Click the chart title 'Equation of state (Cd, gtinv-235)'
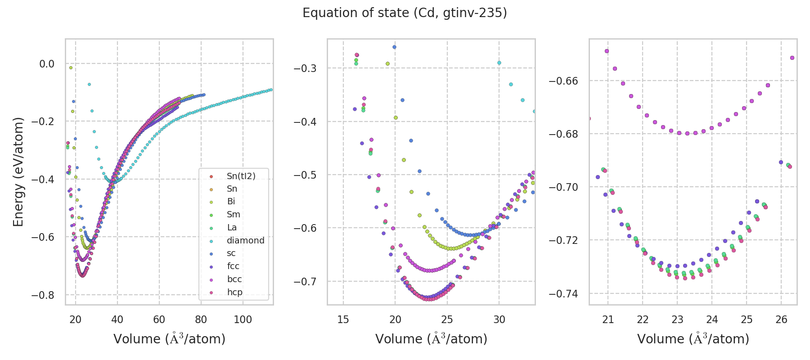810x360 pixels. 405,13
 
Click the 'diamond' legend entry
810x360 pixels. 245,240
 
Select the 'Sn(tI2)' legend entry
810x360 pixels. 241,176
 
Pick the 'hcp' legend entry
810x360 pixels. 234,292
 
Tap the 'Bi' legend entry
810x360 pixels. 231,202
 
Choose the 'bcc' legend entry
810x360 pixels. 234,279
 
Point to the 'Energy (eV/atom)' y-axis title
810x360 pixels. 18,171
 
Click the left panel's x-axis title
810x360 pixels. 169,339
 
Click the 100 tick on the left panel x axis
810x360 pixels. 243,319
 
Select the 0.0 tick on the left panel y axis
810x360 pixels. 47,64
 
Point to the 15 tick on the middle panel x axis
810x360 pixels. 343,319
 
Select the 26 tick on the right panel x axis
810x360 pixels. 781,319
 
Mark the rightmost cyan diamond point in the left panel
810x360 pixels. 271,90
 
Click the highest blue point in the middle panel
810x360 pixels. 394,47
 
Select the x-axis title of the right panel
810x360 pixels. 693,339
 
